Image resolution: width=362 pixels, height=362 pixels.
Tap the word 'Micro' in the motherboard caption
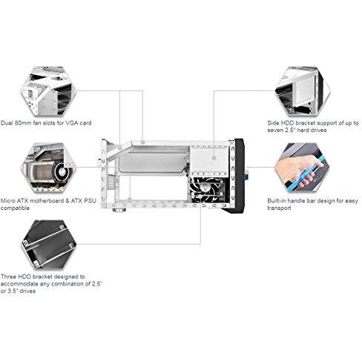pyautogui.click(x=9, y=200)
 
